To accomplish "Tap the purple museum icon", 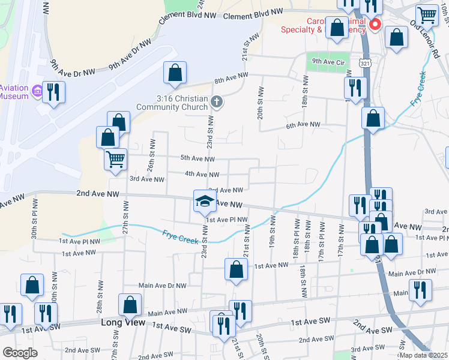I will [37, 91].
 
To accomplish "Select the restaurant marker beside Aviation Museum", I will [54, 92].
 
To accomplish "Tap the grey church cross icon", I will [217, 103].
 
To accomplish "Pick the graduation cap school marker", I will [204, 201].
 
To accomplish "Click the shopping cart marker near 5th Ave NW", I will [115, 160].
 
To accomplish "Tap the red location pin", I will [376, 25].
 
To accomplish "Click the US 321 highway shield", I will [365, 62].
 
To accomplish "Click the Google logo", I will [20, 353].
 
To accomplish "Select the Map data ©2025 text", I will [423, 355].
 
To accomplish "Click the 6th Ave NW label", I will [303, 125].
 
